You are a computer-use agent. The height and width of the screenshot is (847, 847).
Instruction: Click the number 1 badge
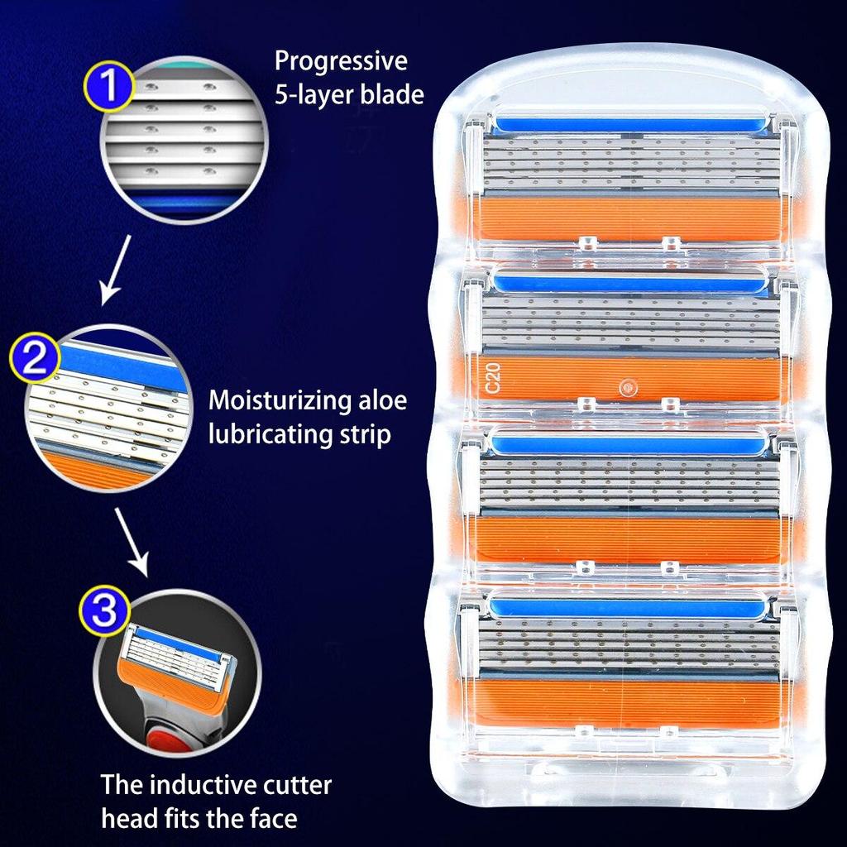[x=108, y=87]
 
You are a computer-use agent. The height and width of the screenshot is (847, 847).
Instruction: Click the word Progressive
[x=341, y=62]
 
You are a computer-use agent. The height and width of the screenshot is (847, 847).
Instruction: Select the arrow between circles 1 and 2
[x=114, y=269]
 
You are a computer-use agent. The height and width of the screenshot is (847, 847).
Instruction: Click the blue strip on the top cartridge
[x=629, y=124]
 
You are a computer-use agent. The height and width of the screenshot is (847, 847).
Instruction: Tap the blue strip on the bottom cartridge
[x=629, y=608]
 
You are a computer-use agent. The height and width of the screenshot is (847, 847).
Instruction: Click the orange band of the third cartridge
[x=629, y=536]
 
